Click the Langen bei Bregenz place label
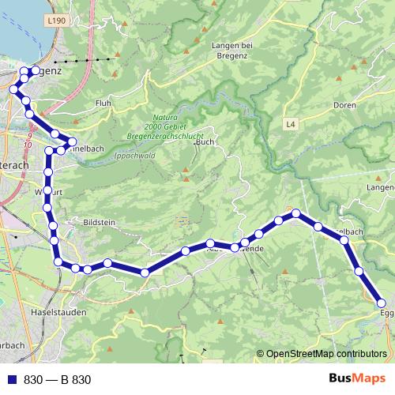click(x=231, y=50)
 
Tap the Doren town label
click(x=345, y=104)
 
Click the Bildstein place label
click(x=98, y=224)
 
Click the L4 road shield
click(x=291, y=124)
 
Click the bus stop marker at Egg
click(x=382, y=303)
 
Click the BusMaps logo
click(x=357, y=378)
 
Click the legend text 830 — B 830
click(x=58, y=379)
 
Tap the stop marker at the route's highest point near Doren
click(x=296, y=213)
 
